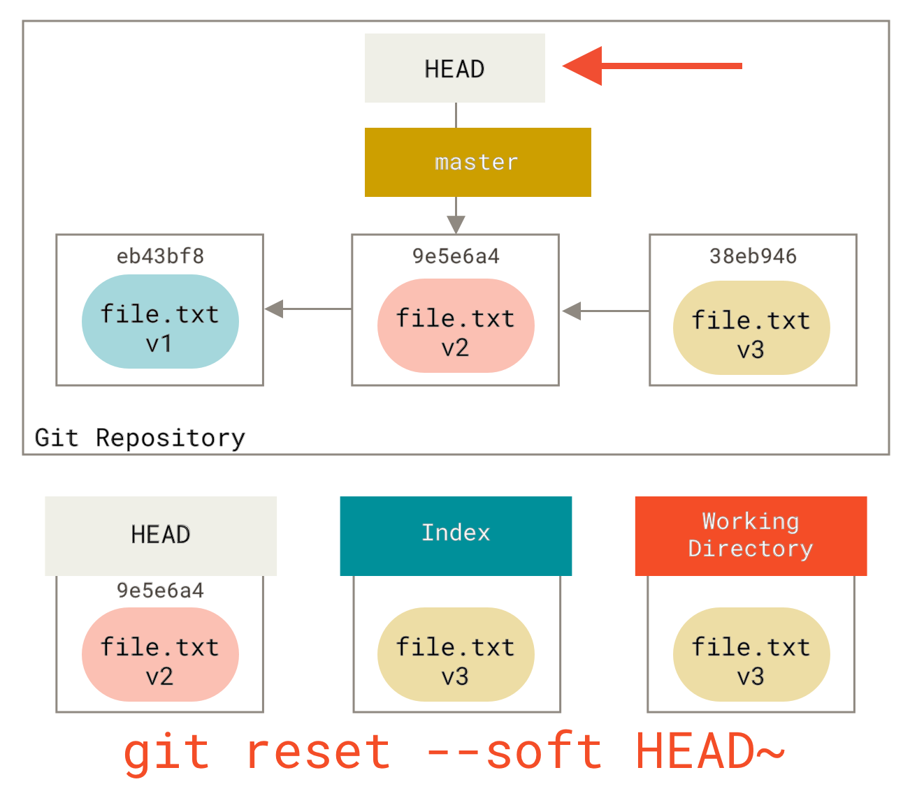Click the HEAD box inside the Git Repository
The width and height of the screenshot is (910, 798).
click(x=454, y=68)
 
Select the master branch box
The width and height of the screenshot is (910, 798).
click(x=477, y=162)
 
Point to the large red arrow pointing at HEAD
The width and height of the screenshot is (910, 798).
click(x=650, y=66)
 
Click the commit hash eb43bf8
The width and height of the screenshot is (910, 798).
click(x=160, y=256)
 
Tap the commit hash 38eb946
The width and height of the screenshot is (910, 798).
click(x=753, y=256)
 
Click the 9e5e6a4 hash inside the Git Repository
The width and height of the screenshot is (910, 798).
click(x=456, y=256)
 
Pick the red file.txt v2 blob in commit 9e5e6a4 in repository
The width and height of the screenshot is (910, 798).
click(x=456, y=326)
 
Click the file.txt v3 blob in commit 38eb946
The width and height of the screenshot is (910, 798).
click(x=751, y=328)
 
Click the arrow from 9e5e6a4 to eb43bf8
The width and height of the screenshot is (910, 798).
click(x=308, y=309)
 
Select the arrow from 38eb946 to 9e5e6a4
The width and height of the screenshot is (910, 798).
click(x=605, y=311)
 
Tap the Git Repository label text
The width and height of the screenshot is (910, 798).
click(x=140, y=438)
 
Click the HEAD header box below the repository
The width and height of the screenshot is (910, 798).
click(x=161, y=535)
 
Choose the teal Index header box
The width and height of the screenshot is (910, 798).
click(x=456, y=535)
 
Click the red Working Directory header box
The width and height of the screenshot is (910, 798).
click(x=751, y=535)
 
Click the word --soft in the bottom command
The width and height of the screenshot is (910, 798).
click(x=513, y=752)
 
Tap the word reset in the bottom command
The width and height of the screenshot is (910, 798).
click(x=318, y=752)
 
